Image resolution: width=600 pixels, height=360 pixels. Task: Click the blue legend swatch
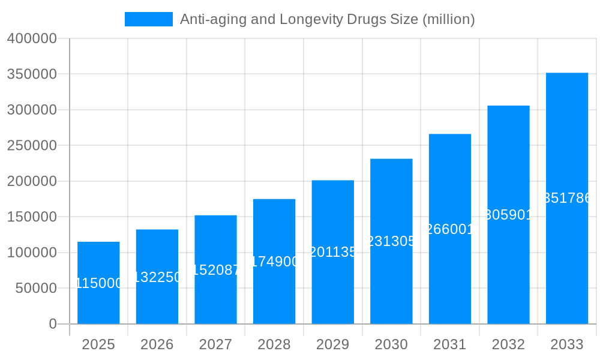(148, 19)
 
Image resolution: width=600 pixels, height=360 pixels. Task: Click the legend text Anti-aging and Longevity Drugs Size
(327, 19)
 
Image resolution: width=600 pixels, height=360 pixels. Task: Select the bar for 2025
(98, 283)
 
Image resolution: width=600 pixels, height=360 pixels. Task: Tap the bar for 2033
(566, 198)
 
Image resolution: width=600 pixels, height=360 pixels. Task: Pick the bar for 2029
(332, 252)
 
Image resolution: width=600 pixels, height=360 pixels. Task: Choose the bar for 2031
(449, 229)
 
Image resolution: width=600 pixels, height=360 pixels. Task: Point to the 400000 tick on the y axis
(32, 39)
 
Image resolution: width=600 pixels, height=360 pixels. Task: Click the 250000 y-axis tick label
(32, 146)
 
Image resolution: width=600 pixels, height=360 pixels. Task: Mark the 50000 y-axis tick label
(35, 288)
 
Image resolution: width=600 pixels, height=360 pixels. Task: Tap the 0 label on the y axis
(53, 324)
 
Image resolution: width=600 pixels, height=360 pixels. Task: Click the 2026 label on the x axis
(157, 344)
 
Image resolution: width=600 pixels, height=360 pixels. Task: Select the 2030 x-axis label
(391, 344)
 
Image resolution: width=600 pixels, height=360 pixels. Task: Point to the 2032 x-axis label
(508, 344)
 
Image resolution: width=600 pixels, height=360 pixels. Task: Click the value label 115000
(98, 283)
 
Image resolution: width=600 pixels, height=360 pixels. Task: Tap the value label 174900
(274, 262)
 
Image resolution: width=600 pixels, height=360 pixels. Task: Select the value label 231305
(391, 241)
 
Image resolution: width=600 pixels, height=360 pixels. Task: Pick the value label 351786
(566, 198)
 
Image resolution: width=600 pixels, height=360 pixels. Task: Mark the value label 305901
(508, 215)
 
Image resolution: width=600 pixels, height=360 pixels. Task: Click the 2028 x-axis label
(274, 344)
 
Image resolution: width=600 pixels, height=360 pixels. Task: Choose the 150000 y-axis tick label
(32, 217)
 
